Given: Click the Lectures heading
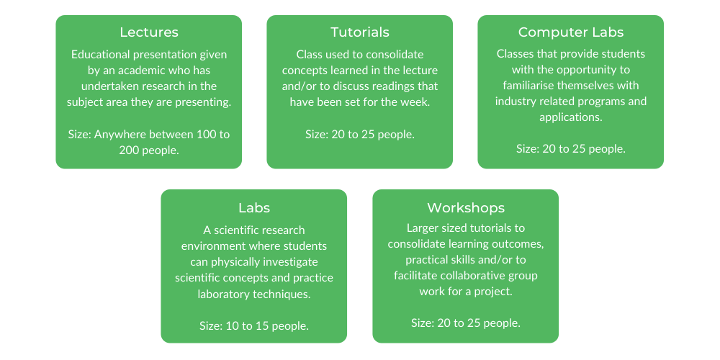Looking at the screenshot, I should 148,32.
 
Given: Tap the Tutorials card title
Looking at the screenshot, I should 359,32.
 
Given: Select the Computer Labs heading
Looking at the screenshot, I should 570,32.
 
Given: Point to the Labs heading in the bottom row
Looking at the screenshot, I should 253,208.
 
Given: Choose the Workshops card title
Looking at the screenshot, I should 465,208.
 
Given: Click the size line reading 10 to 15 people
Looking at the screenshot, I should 253,325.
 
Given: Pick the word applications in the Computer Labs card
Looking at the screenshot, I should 570,117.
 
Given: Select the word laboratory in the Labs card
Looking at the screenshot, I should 226,294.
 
